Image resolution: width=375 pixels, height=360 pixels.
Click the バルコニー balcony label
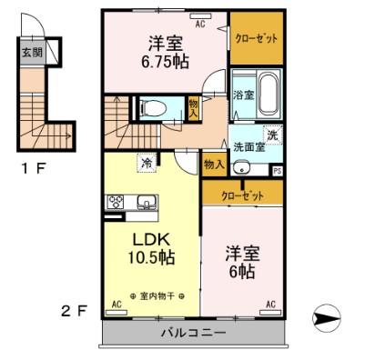(193, 333)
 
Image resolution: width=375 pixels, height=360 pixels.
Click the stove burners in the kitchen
(117, 202)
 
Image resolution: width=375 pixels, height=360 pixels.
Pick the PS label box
(277, 169)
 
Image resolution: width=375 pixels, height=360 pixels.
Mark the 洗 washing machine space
(272, 134)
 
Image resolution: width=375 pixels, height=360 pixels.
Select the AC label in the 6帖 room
(270, 304)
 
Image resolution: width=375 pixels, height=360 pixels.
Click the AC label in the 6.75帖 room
(199, 26)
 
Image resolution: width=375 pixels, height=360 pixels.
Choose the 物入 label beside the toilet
(193, 107)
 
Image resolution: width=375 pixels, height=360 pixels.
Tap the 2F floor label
(75, 312)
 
